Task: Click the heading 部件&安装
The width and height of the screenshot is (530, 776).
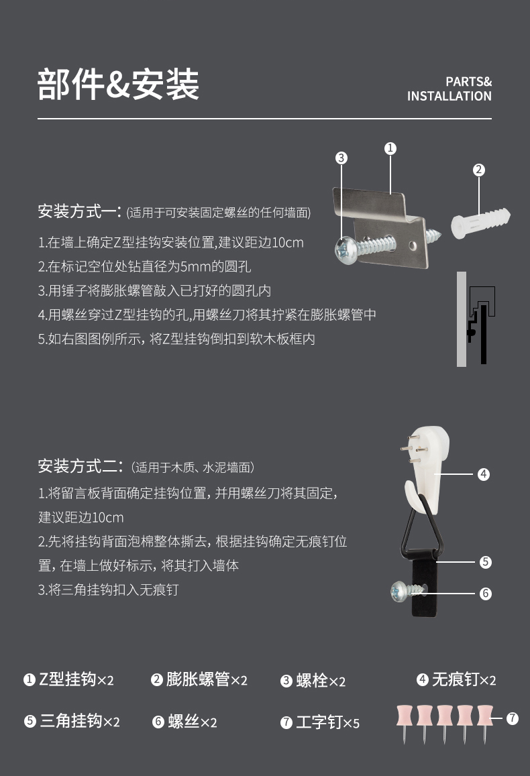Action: pyautogui.click(x=118, y=85)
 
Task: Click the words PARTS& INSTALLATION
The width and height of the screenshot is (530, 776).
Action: pyautogui.click(x=449, y=89)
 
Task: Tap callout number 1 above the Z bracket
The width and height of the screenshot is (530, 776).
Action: pyautogui.click(x=390, y=148)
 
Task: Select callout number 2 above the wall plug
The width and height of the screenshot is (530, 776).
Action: pyautogui.click(x=478, y=170)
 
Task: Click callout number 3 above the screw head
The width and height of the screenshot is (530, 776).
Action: pyautogui.click(x=341, y=158)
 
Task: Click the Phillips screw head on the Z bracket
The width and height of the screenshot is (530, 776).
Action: pyautogui.click(x=346, y=251)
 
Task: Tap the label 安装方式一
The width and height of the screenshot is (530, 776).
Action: pyautogui.click(x=79, y=213)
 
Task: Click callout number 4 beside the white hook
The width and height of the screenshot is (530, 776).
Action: pyautogui.click(x=484, y=474)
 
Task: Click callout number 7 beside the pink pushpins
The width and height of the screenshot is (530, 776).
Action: pyautogui.click(x=512, y=718)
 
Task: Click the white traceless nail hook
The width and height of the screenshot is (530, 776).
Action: pyautogui.click(x=430, y=463)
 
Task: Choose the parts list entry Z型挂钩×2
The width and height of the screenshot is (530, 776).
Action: pyautogui.click(x=68, y=679)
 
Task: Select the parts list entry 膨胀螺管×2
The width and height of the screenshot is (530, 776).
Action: pyautogui.click(x=199, y=679)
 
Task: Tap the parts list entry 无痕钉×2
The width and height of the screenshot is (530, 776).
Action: pyautogui.click(x=456, y=679)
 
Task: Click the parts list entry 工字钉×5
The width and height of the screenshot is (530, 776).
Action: pyautogui.click(x=320, y=722)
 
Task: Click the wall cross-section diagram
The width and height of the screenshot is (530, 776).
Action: pyautogui.click(x=476, y=319)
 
